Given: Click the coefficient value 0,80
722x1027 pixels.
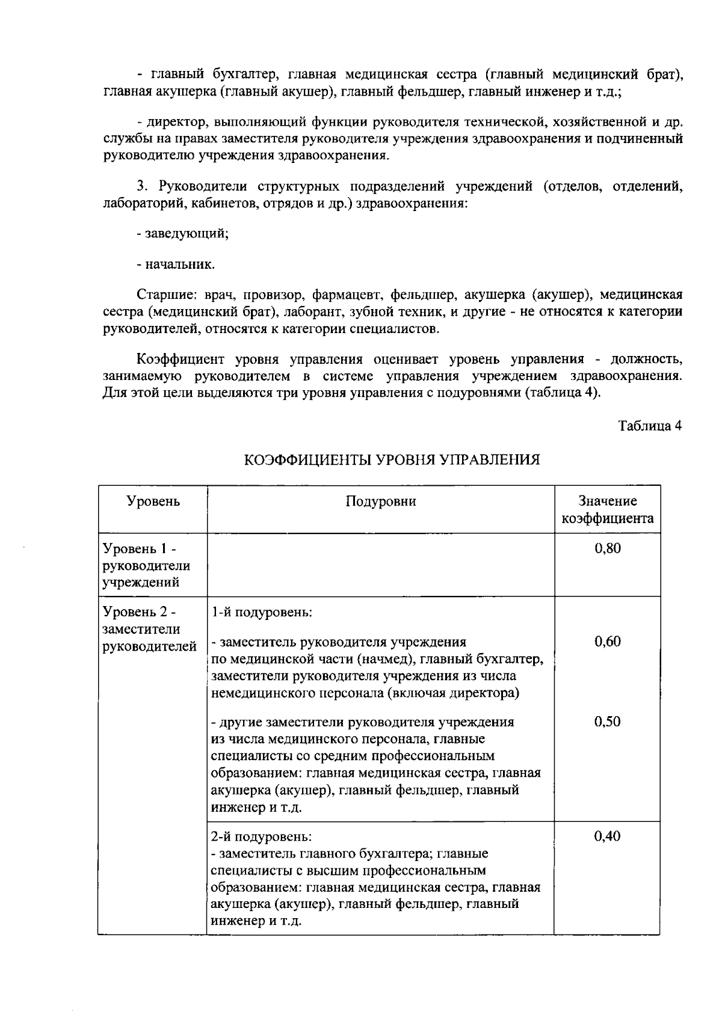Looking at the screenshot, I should click(607, 548).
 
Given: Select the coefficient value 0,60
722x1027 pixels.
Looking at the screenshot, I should click(607, 641).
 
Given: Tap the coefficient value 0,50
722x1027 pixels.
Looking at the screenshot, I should click(607, 722).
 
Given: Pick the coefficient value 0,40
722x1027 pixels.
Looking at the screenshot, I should click(607, 836).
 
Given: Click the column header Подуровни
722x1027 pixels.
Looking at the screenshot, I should click(380, 501).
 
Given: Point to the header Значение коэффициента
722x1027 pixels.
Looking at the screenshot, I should click(607, 510).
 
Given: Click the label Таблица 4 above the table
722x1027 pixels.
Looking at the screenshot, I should click(650, 426).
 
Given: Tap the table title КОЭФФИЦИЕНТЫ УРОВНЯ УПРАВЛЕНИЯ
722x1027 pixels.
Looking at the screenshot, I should click(392, 460).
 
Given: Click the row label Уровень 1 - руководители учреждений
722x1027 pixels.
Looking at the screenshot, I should click(146, 565).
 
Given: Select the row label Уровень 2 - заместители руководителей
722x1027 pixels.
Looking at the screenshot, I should click(149, 629).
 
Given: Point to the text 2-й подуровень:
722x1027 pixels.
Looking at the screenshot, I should click(262, 836).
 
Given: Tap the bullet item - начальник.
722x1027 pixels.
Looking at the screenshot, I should click(176, 264).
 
